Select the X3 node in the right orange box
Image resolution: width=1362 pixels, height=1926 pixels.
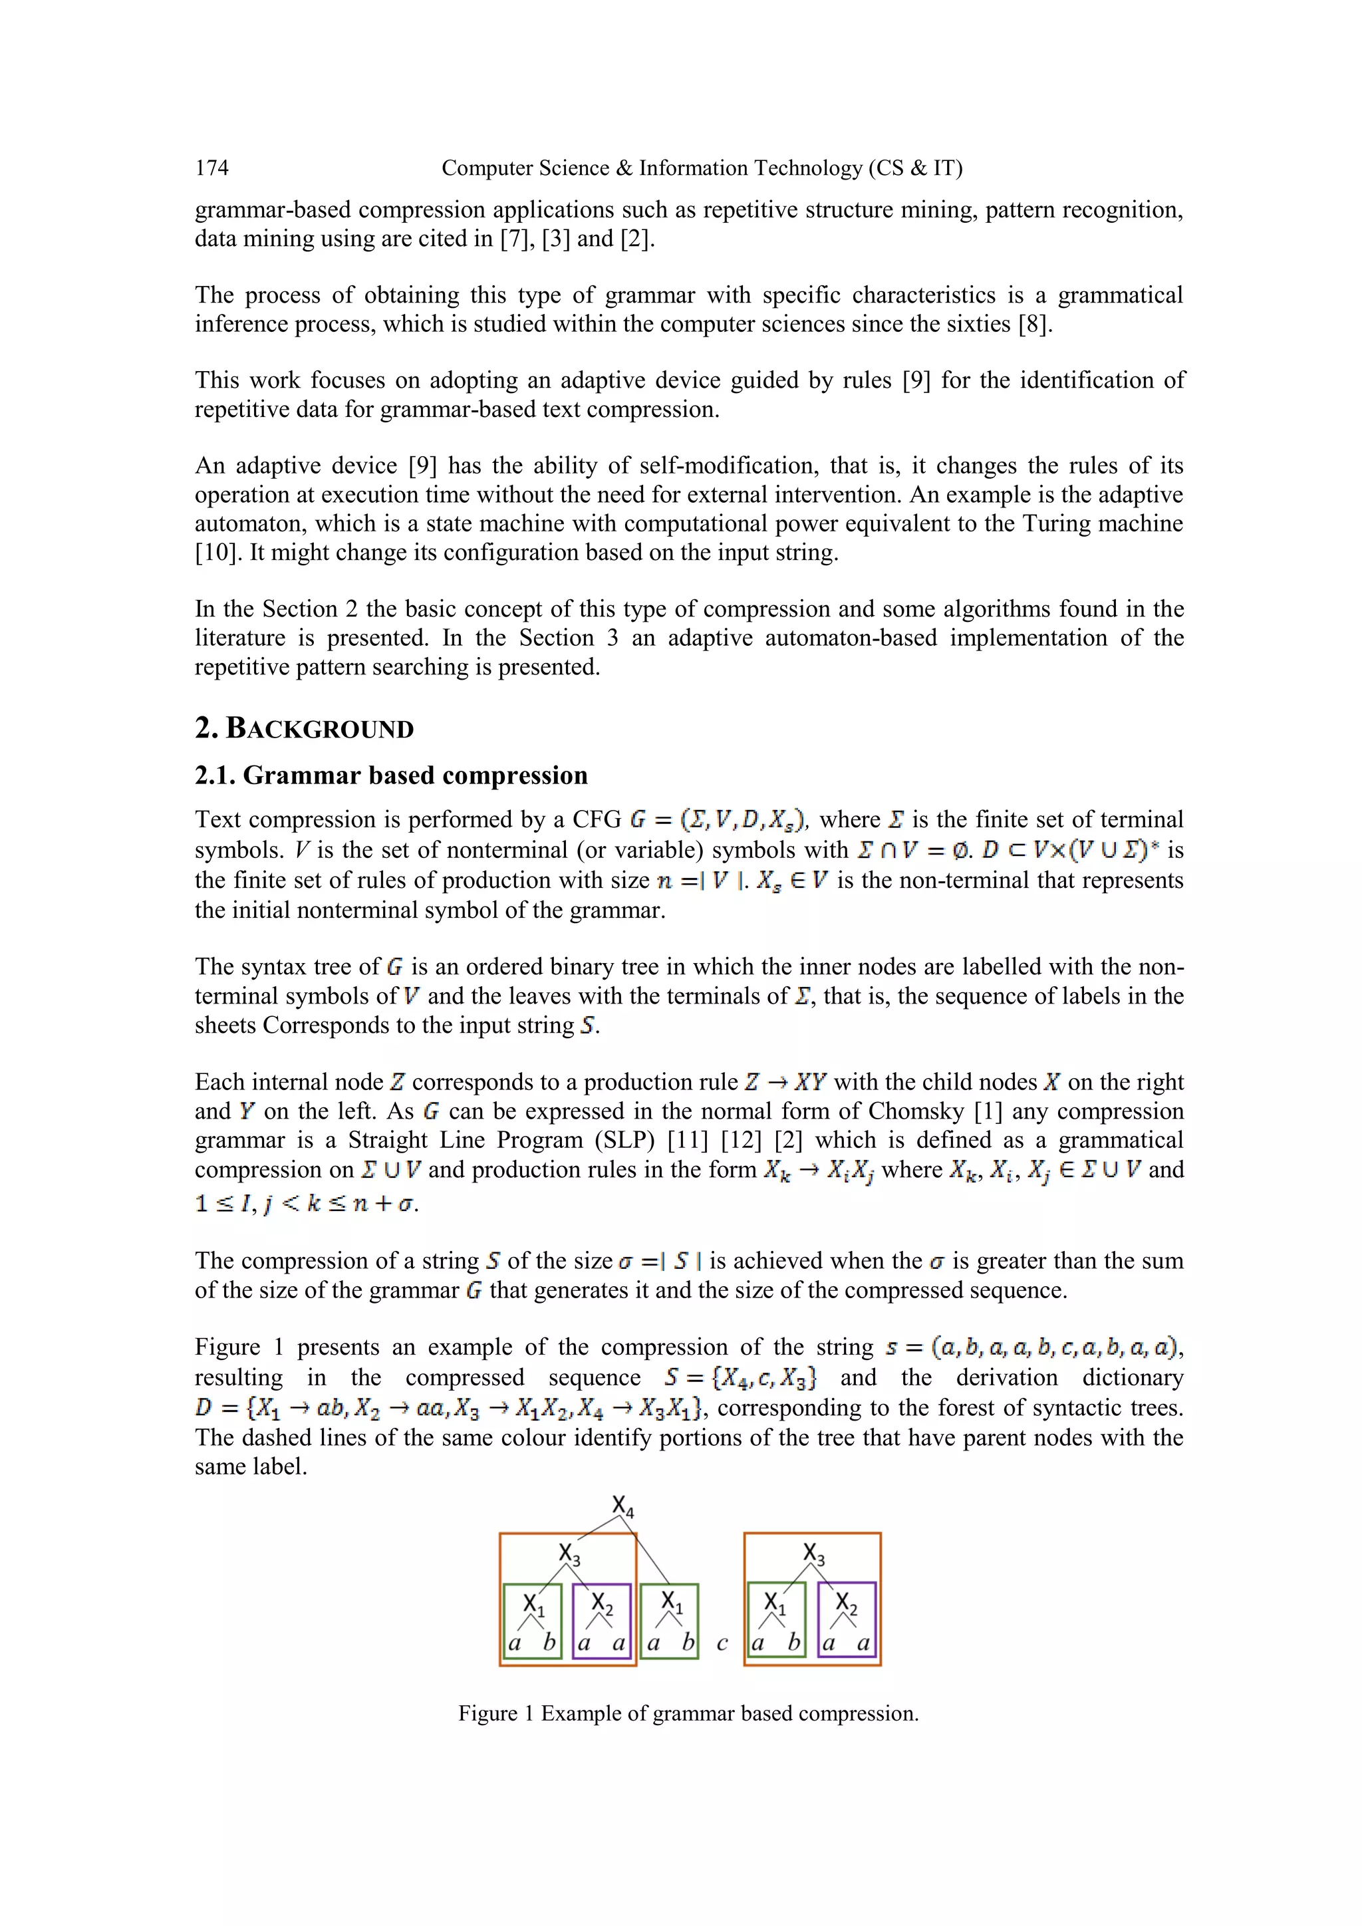813,1554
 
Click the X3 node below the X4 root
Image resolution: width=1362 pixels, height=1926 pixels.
569,1554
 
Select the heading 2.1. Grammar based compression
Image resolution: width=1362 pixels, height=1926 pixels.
391,775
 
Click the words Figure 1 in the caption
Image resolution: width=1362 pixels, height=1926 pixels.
495,1714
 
